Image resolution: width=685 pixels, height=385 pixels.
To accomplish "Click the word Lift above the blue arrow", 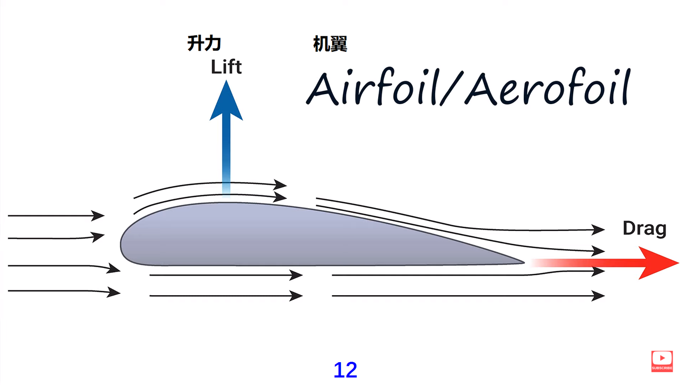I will [226, 67].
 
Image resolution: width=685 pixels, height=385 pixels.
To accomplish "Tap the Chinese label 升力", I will [204, 44].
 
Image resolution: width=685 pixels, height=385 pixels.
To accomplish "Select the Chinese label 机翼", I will [330, 44].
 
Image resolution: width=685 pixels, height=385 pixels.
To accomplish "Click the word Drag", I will [645, 229].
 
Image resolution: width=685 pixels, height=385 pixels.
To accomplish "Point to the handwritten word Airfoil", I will [371, 89].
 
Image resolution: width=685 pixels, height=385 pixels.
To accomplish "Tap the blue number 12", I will [345, 370].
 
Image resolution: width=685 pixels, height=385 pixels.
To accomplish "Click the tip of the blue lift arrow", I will [226, 82].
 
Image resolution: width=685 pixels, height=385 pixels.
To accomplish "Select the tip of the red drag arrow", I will [677, 262].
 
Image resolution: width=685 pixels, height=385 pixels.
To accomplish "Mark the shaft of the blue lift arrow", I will [226, 152].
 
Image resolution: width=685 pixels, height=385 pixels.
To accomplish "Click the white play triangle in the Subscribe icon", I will [662, 358].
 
